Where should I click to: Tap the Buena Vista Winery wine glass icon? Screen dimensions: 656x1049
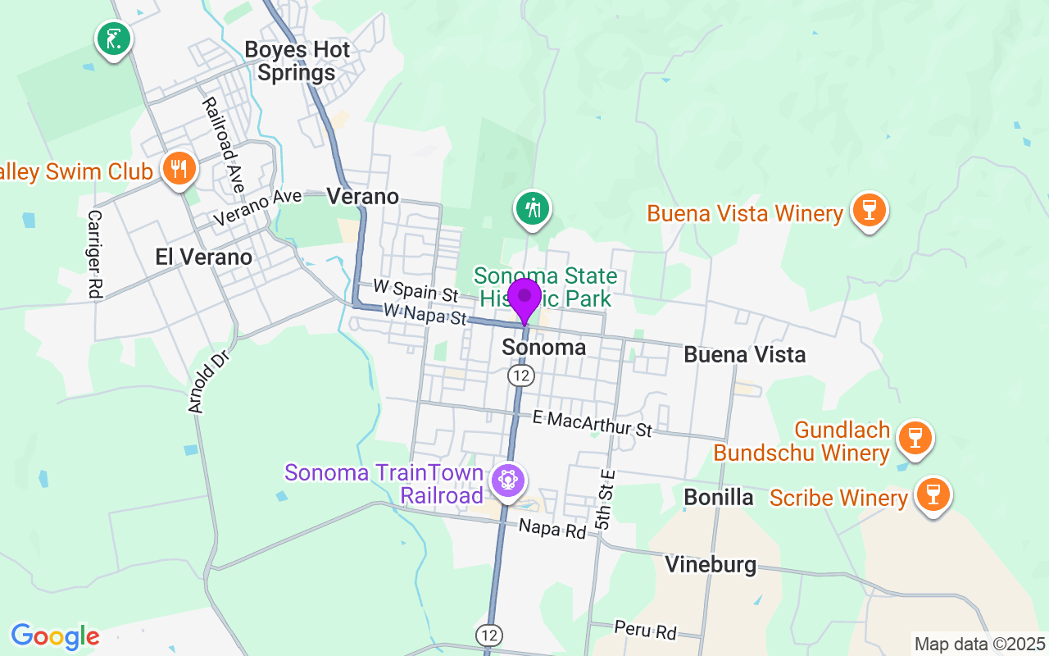869,210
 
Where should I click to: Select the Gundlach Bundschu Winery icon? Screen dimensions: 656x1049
915,438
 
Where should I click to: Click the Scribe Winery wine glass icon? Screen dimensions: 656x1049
933,494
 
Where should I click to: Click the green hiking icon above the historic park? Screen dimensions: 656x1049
533,208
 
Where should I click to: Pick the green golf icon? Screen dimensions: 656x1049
114,38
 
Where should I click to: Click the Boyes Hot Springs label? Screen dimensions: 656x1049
297,61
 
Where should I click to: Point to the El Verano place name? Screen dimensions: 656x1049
204,257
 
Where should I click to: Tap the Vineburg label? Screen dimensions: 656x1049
711,564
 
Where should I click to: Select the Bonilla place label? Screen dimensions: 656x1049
719,496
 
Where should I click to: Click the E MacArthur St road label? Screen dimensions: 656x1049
592,424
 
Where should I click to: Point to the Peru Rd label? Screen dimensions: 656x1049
646,630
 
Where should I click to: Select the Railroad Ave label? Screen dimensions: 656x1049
223,145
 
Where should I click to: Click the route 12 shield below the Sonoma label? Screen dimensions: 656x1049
520,376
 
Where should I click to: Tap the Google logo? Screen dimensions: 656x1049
55,636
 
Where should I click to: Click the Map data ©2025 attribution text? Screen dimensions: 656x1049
979,644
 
